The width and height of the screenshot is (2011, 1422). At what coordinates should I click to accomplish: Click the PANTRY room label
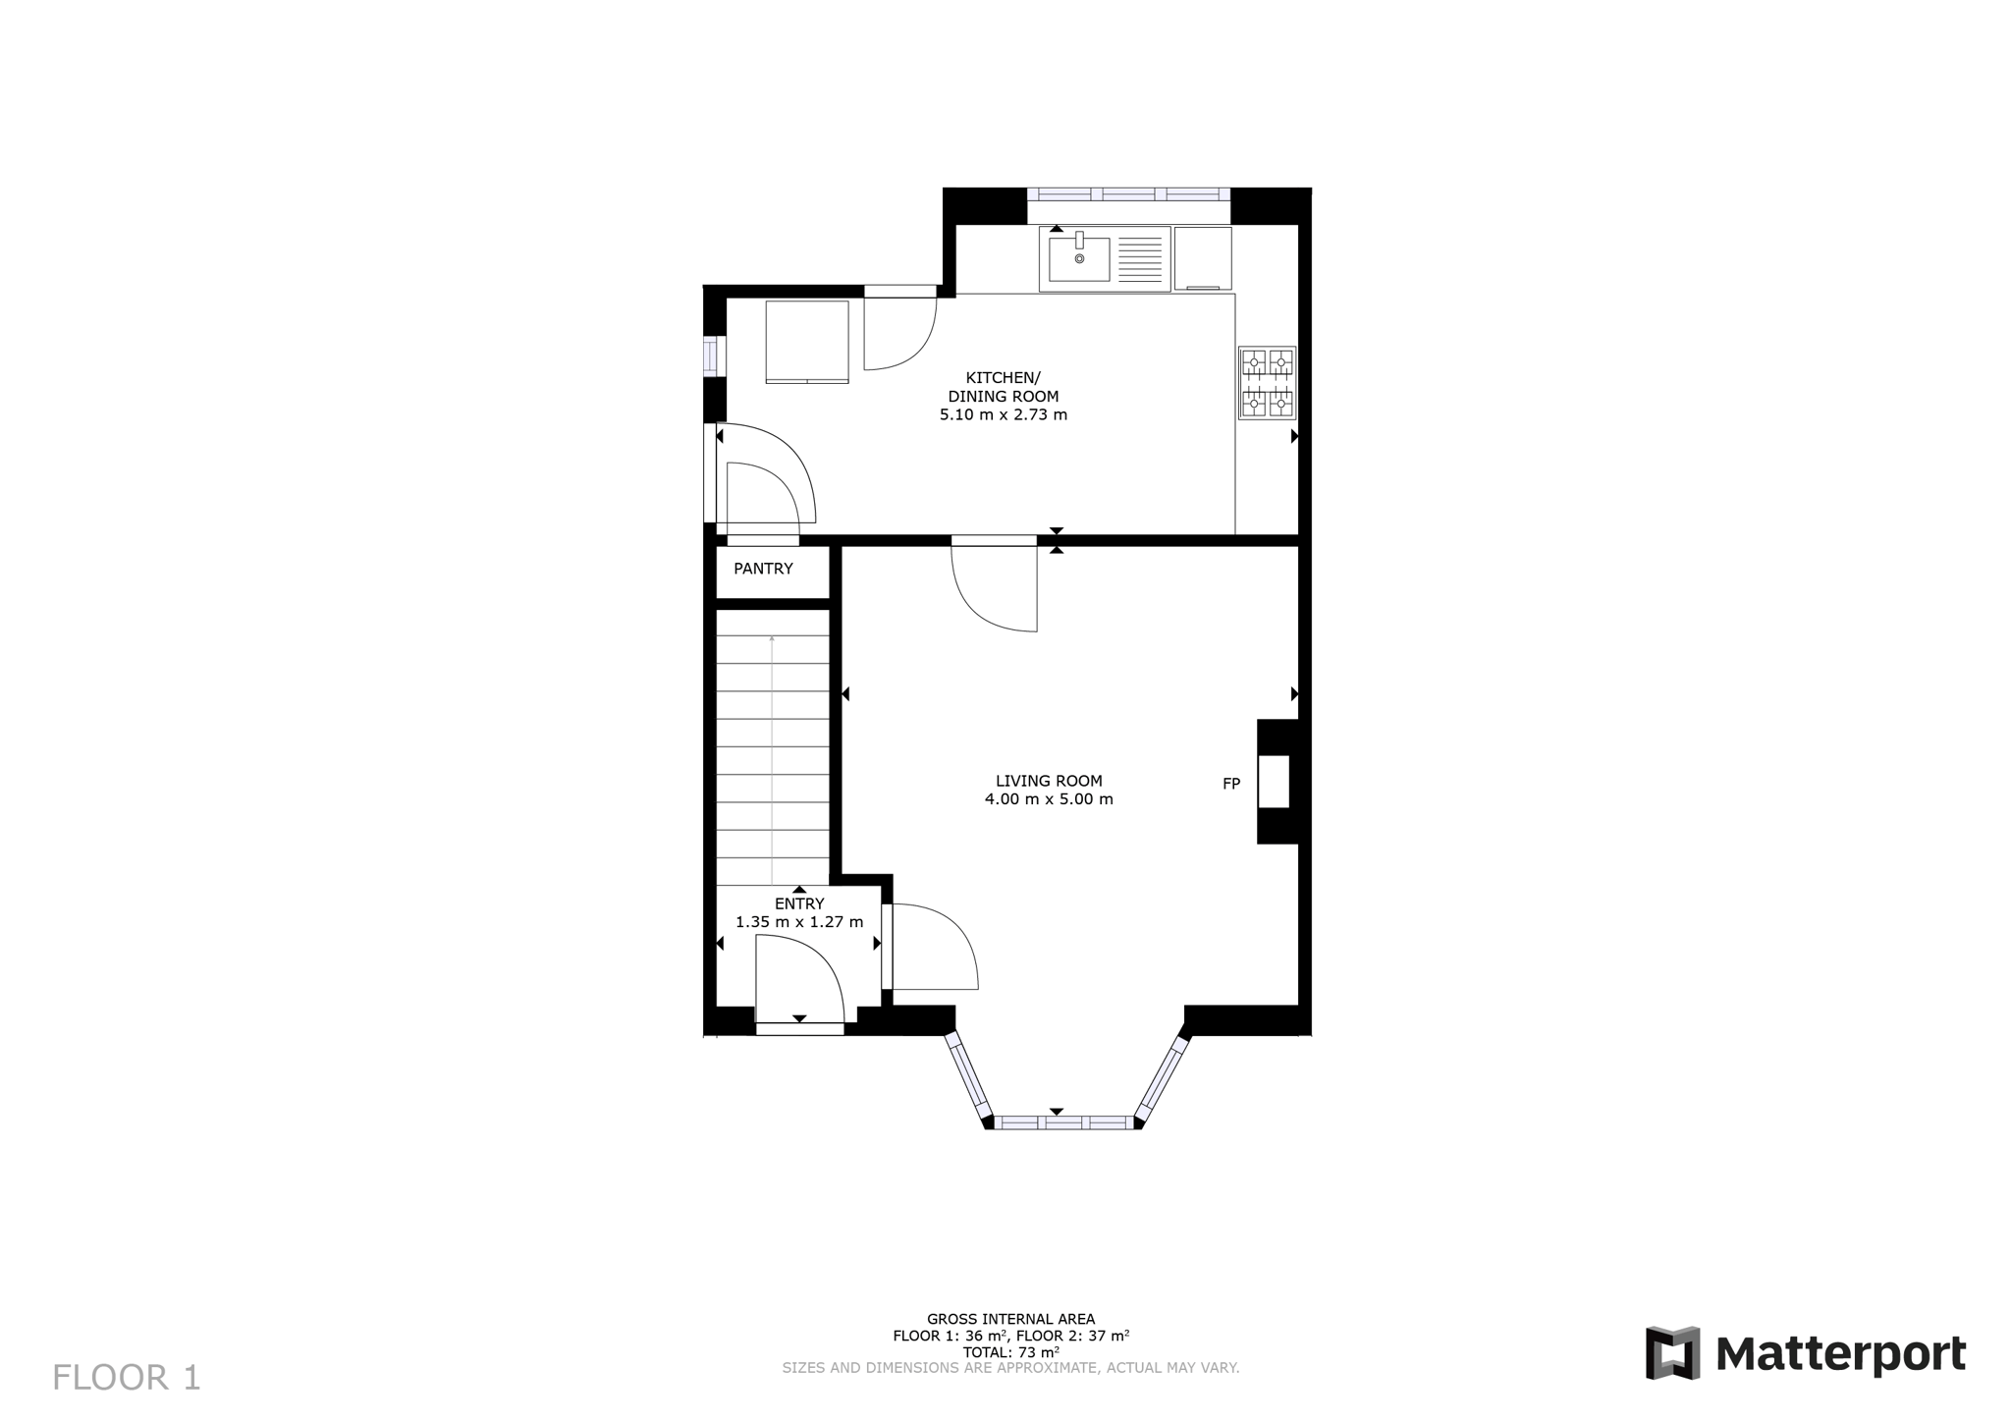click(x=763, y=569)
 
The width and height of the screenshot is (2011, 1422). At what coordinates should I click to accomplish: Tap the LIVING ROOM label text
click(x=1049, y=781)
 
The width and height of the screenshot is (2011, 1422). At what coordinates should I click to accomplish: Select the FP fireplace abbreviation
click(x=1231, y=784)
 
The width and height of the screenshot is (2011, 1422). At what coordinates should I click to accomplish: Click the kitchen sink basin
click(x=1079, y=258)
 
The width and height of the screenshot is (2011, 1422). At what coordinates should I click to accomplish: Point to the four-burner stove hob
click(x=1268, y=383)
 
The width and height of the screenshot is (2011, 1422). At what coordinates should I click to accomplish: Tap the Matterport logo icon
click(x=1673, y=1352)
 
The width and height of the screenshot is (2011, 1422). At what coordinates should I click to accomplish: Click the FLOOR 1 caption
click(x=127, y=1378)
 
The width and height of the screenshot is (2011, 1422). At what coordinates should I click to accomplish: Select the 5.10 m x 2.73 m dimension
click(x=1004, y=414)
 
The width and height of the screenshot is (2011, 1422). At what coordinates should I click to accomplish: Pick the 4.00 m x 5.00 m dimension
click(x=1049, y=799)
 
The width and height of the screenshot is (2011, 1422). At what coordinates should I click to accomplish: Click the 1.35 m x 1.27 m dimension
click(x=799, y=922)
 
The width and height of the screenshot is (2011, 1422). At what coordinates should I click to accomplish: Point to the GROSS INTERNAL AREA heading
click(x=1010, y=1320)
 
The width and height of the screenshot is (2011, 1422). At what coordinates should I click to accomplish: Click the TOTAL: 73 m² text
click(x=1010, y=1352)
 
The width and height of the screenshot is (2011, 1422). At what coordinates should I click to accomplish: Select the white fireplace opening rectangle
click(x=1274, y=782)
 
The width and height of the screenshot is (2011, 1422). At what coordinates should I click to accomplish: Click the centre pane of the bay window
click(x=1063, y=1122)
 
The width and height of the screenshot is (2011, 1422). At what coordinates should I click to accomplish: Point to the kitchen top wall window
click(x=1128, y=194)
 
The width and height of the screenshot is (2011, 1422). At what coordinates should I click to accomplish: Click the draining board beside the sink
click(x=1140, y=258)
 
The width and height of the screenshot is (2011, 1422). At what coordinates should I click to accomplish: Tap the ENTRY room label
click(x=799, y=903)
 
